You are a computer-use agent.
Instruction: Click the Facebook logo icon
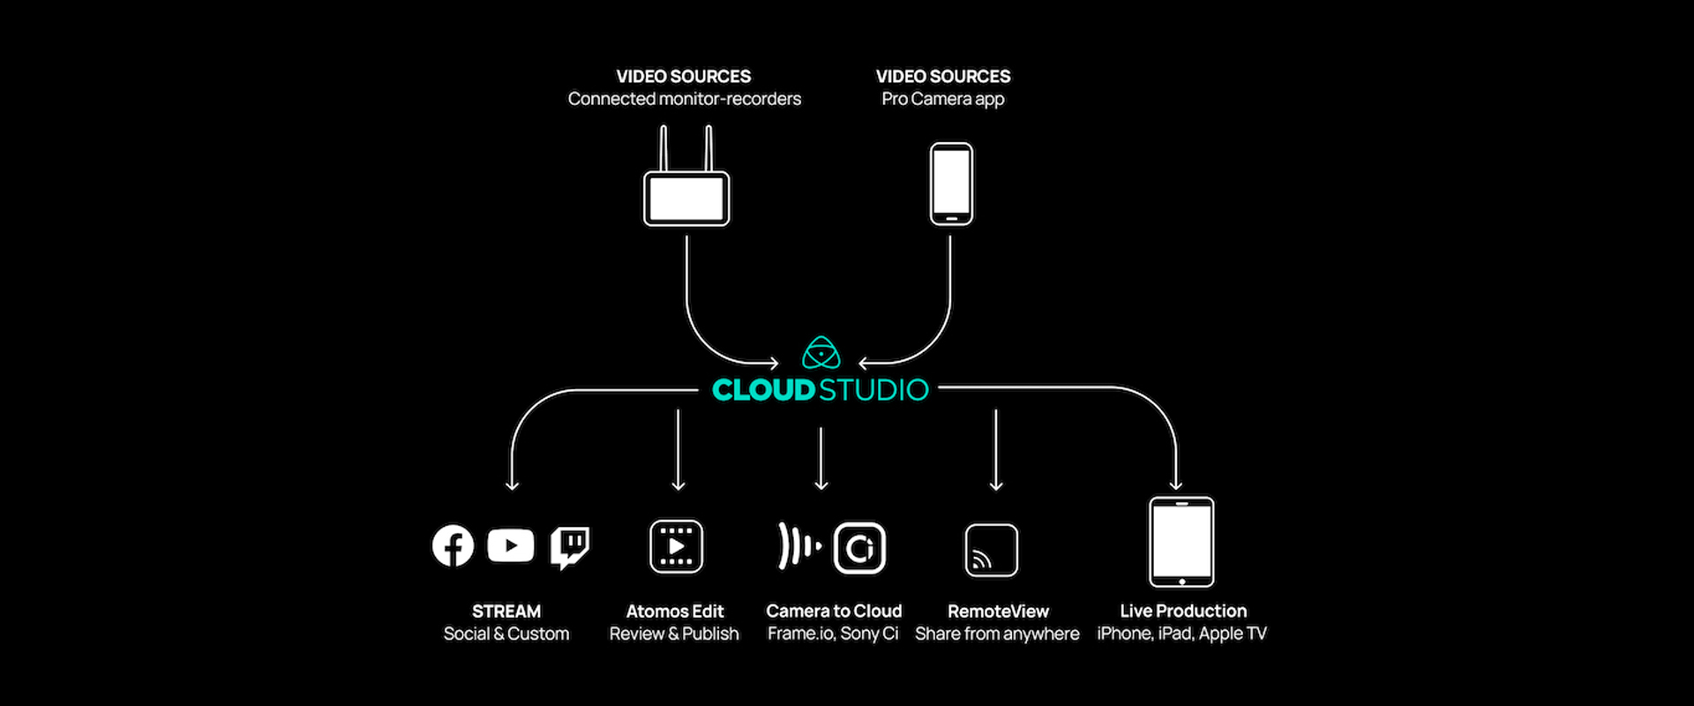pos(453,546)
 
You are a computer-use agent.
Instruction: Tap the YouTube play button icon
pos(510,545)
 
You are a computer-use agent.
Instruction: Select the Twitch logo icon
pos(570,547)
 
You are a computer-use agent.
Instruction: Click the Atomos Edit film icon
pos(676,546)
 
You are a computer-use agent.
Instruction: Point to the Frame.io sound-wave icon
pos(798,546)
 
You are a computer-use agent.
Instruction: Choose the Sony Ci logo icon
pos(859,548)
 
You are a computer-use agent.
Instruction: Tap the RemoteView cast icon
pos(991,550)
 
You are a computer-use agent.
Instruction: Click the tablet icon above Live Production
pos(1181,542)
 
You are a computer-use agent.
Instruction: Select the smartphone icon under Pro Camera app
pos(951,184)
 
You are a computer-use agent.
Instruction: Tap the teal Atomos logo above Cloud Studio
pos(821,353)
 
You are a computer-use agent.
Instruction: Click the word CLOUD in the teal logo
pos(763,390)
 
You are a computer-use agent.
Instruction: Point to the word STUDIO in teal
pos(873,390)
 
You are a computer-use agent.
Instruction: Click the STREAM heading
pos(506,612)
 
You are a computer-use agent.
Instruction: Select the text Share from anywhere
pos(997,634)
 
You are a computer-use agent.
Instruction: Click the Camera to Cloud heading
pos(834,611)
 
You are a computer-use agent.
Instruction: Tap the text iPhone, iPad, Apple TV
pos(1181,634)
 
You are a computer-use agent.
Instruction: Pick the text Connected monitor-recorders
pos(685,99)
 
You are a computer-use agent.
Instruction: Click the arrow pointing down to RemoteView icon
pos(996,450)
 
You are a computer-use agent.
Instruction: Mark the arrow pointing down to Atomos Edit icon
pos(678,450)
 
